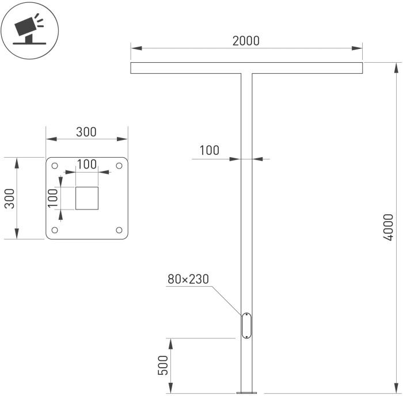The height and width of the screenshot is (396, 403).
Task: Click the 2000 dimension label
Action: [x=246, y=41]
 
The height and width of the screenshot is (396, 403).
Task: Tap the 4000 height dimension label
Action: [x=388, y=227]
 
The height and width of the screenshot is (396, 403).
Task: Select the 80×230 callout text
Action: [x=188, y=279]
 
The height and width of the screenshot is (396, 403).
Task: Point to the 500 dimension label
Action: [x=163, y=365]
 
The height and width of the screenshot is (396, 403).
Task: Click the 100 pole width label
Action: [x=210, y=150]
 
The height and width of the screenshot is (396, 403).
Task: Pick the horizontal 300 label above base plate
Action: [x=86, y=132]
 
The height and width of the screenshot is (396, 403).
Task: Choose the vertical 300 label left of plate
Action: [x=10, y=199]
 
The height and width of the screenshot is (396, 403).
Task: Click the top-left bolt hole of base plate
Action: [x=55, y=166]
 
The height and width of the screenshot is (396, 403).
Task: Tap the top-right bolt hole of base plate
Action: [x=119, y=166]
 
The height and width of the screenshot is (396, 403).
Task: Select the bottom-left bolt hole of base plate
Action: [x=55, y=230]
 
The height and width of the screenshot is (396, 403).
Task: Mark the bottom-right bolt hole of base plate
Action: [x=119, y=230]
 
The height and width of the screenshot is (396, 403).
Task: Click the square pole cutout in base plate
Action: [x=87, y=198]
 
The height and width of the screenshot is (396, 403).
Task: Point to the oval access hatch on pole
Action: [x=246, y=326]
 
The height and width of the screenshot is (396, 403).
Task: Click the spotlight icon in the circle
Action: [x=29, y=29]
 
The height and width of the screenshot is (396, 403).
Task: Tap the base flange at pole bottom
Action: [x=246, y=393]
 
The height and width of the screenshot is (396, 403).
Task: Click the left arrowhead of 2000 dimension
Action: [x=136, y=48]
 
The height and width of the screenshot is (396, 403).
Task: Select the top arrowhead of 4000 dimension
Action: [x=396, y=68]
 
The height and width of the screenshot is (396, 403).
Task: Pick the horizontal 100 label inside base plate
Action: [x=87, y=164]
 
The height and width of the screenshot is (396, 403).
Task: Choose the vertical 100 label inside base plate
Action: [x=53, y=198]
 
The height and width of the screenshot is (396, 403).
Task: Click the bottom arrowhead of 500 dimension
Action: [x=170, y=387]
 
